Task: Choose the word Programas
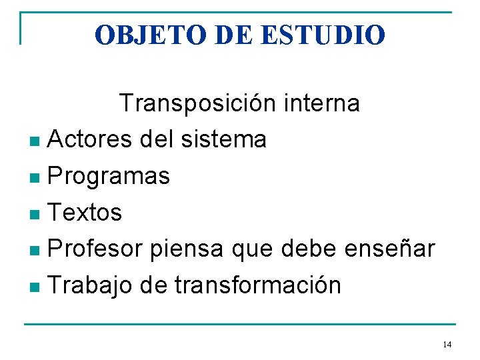coord(109,177)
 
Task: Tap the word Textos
coord(85,213)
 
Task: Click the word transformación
coord(257,286)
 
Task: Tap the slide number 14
coord(447,345)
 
